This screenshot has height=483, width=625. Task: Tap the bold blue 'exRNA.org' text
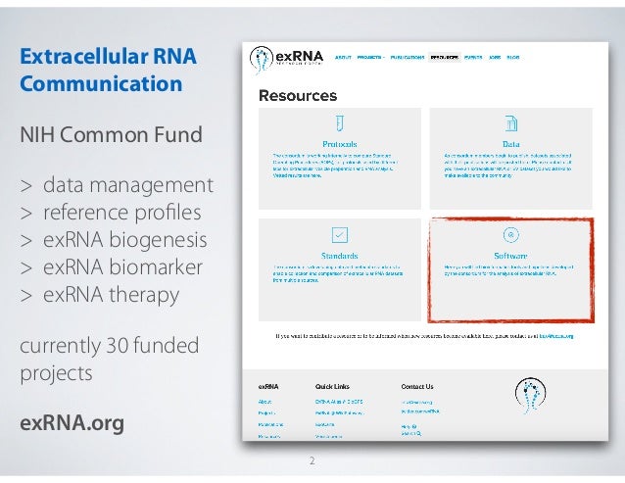(x=72, y=423)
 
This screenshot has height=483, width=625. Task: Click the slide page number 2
(x=312, y=459)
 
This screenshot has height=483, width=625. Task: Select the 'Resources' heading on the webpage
(x=297, y=96)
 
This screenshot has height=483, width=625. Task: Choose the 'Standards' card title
(x=339, y=254)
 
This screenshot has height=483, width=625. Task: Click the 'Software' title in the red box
(x=510, y=254)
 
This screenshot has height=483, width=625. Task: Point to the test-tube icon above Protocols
(x=339, y=123)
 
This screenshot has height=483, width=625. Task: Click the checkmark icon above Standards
(x=339, y=234)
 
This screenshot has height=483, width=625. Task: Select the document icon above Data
(x=510, y=123)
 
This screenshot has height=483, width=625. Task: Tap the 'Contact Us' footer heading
(x=416, y=386)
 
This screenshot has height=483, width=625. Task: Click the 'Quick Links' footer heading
(x=333, y=386)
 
